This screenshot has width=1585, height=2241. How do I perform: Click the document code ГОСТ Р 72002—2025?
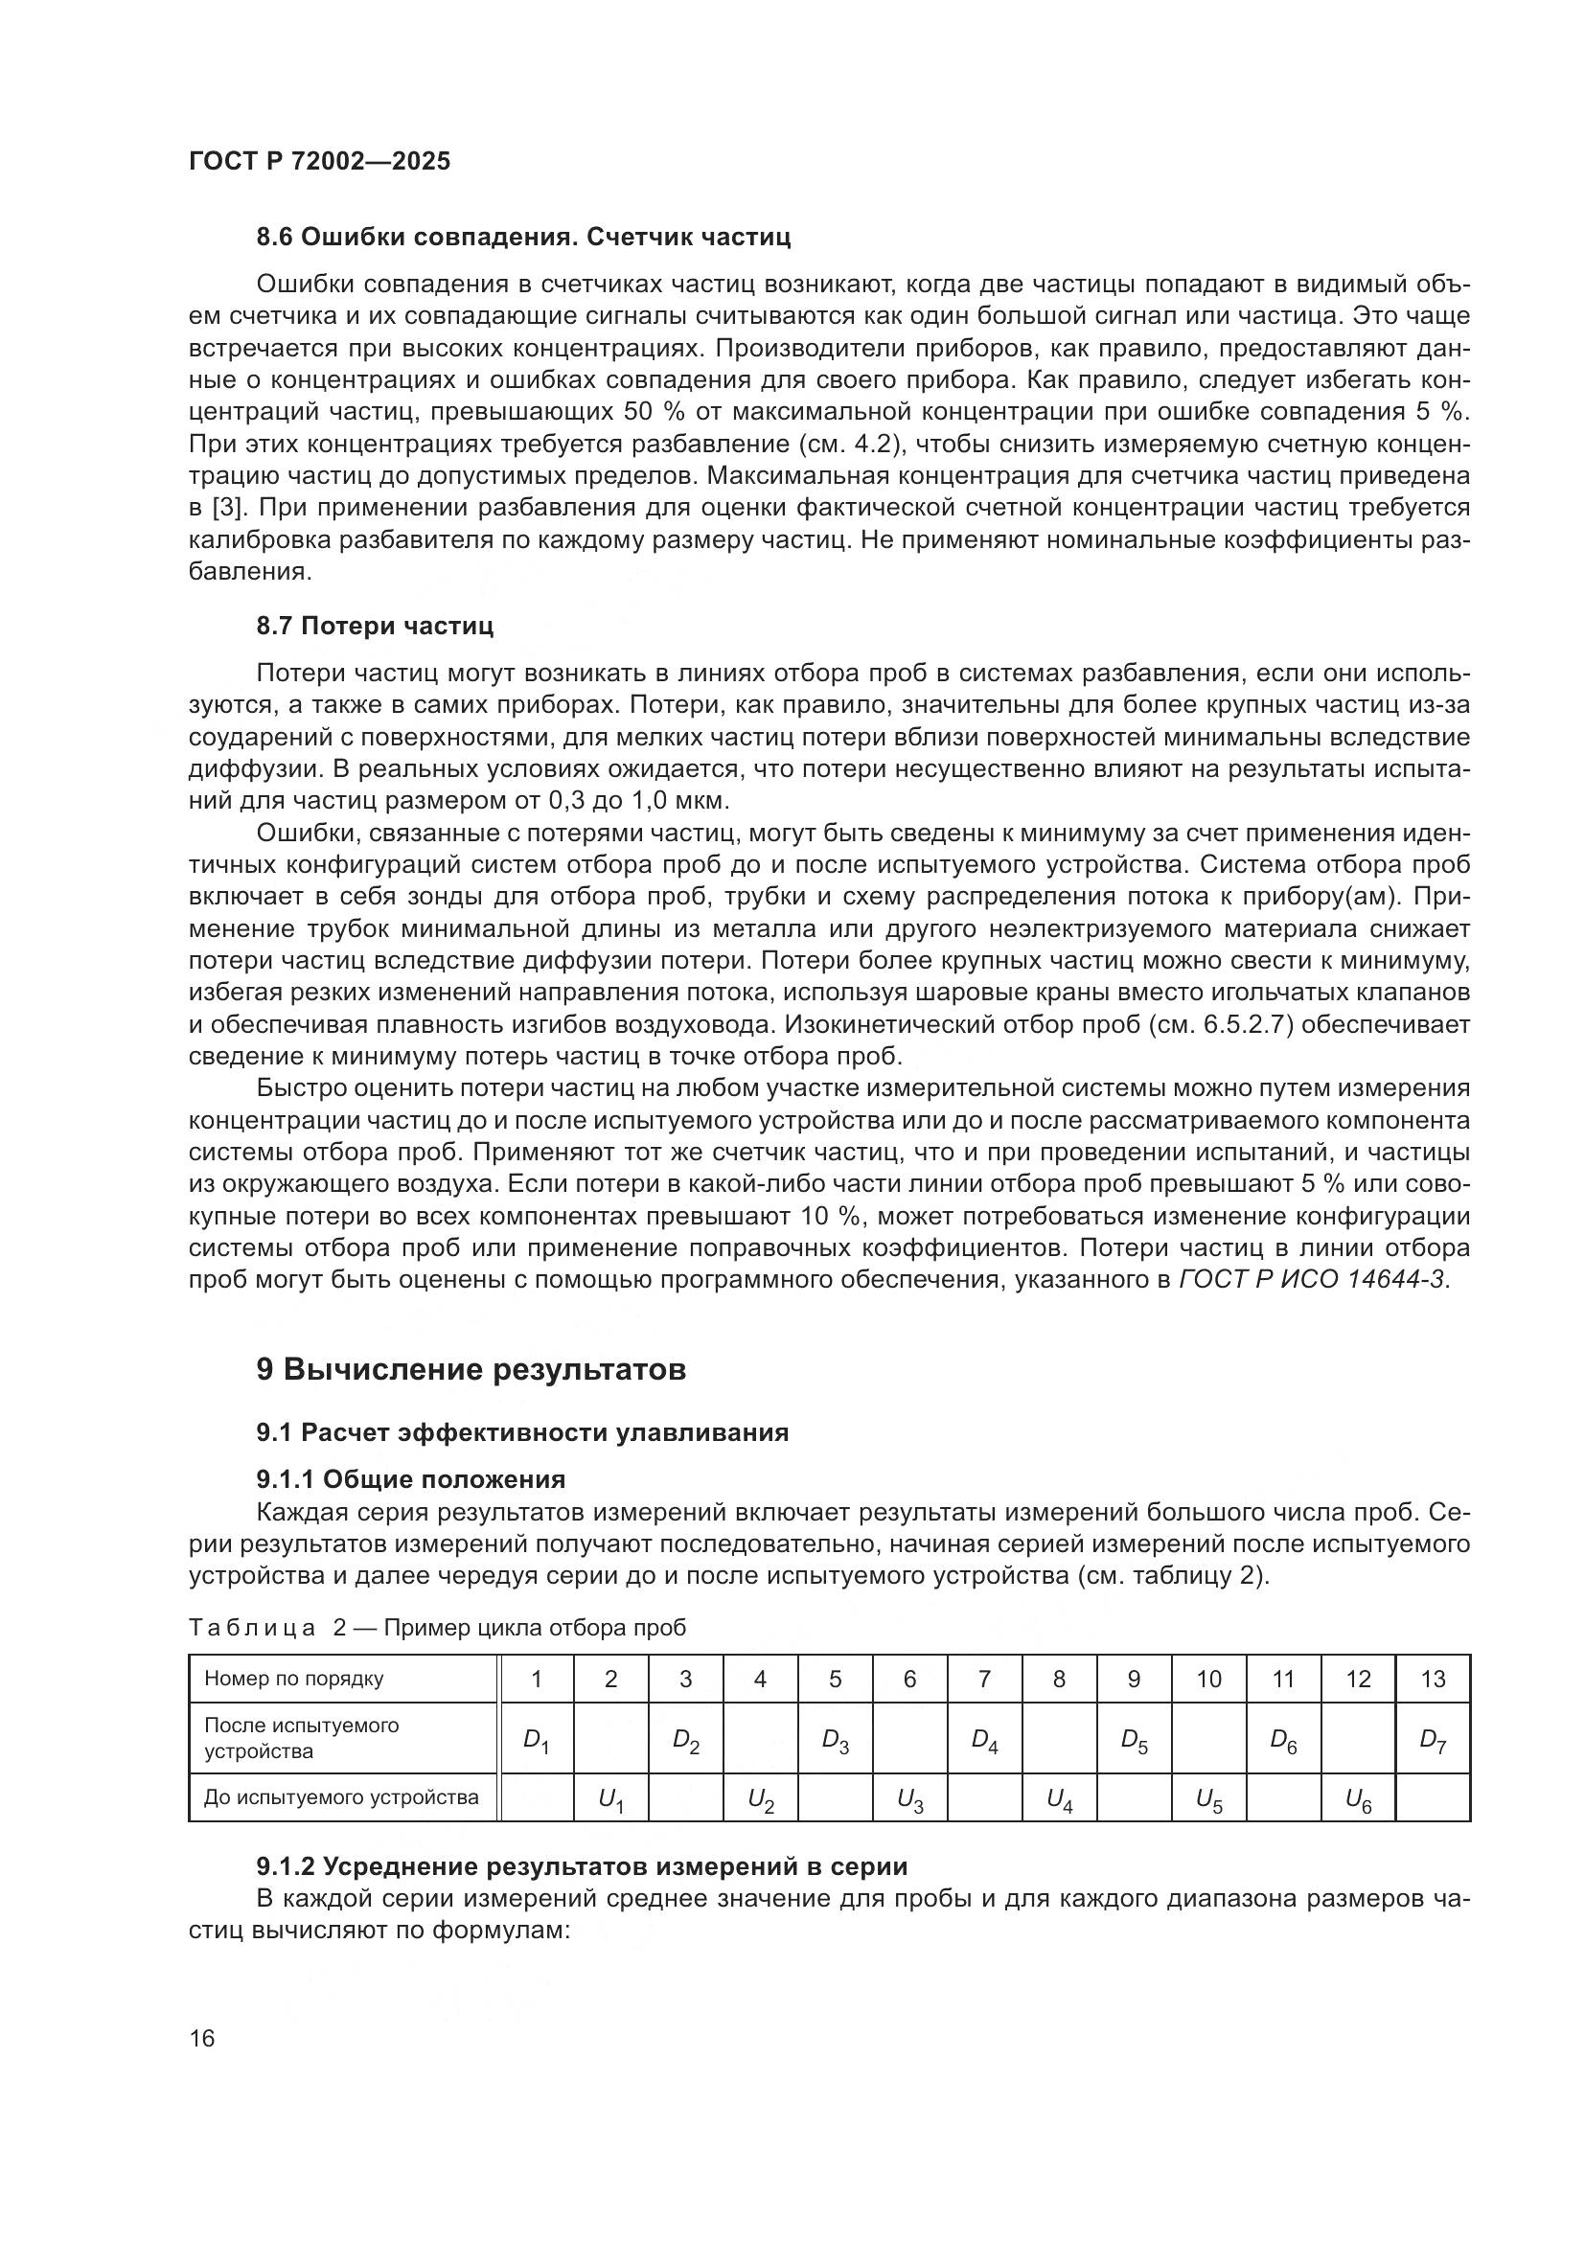tap(319, 162)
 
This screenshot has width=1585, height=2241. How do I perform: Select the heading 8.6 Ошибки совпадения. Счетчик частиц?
tap(523, 238)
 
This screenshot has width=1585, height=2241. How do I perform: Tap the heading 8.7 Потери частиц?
tap(375, 627)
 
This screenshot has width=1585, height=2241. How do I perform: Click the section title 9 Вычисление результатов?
tap(471, 1369)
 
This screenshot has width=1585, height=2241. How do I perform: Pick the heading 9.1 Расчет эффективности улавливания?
tap(522, 1432)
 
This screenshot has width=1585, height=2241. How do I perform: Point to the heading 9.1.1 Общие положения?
tap(411, 1479)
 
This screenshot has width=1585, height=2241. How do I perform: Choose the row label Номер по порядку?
tap(294, 1679)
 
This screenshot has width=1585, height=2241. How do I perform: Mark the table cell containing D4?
tap(984, 1739)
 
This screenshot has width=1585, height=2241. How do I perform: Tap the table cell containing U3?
tap(909, 1799)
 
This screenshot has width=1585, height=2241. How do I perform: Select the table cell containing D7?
tap(1432, 1739)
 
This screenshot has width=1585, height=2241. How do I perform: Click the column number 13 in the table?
tap(1432, 1679)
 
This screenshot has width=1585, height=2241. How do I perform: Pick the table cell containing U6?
tap(1358, 1799)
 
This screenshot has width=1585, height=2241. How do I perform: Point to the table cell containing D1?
tap(536, 1739)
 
